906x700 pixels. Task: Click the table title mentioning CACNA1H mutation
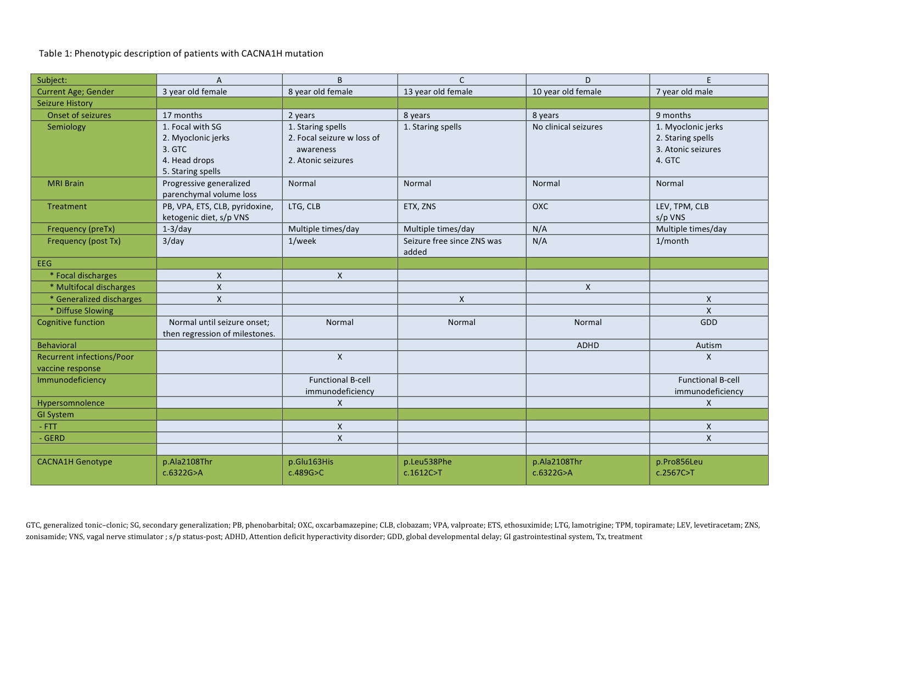(x=181, y=54)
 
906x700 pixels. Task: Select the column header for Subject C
(x=461, y=80)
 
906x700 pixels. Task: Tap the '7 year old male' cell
(x=684, y=92)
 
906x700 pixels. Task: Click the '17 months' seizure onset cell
(x=182, y=115)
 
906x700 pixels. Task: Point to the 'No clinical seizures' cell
(x=567, y=127)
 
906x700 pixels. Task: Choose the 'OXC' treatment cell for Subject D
(x=540, y=206)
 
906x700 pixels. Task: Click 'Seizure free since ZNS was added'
(x=452, y=247)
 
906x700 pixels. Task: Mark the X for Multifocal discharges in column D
(x=588, y=287)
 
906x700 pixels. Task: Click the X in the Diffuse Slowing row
(x=708, y=311)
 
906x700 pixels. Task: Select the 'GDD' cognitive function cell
(x=708, y=322)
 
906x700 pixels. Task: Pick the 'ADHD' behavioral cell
(x=588, y=345)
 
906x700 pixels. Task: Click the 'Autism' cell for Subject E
(x=708, y=345)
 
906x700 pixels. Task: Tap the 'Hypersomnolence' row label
(x=71, y=403)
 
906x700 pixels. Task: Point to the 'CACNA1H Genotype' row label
(x=75, y=462)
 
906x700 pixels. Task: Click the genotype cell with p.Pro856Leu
(x=679, y=467)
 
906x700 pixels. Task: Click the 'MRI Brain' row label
(x=66, y=183)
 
